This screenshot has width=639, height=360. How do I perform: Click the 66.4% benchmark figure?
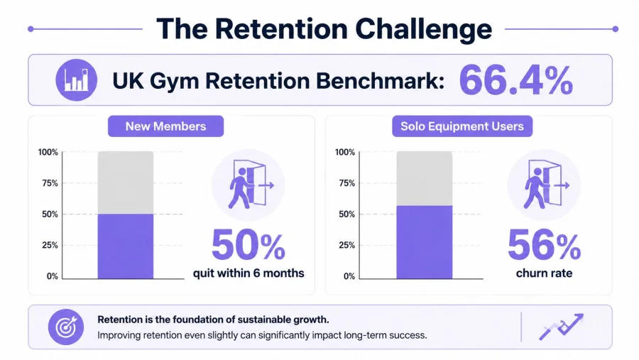516,80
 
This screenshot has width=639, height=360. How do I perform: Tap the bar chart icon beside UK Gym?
76,80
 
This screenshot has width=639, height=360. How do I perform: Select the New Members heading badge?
165,126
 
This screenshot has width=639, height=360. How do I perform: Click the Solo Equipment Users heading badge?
462,126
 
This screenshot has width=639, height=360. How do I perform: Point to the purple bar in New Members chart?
126,246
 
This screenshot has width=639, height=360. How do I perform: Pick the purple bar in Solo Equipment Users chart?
425,242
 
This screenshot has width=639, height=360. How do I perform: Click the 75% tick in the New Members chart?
50,183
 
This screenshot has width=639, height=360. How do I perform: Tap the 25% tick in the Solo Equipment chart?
346,245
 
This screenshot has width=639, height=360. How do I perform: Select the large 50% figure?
248,245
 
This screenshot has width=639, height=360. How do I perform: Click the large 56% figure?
544,245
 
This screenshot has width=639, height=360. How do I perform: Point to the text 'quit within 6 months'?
248,273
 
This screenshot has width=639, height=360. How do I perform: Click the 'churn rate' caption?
544,273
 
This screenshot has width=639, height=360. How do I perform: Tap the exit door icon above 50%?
248,185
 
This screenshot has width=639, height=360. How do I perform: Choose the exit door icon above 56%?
544,185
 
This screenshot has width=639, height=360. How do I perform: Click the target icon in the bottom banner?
66,327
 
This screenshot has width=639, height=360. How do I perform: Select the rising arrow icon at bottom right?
562,326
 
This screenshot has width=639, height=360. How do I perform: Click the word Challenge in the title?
423,30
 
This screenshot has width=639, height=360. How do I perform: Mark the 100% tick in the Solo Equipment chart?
345,152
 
